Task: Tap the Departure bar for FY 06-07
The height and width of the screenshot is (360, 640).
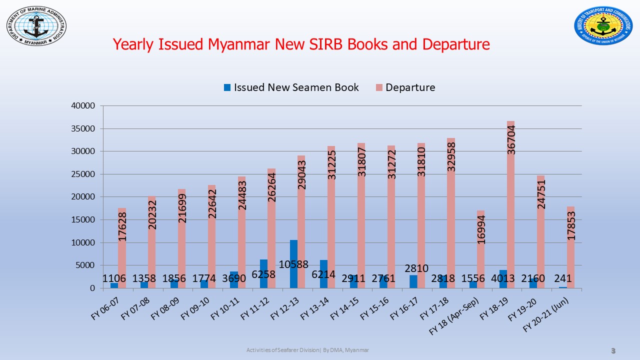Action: coord(122,260)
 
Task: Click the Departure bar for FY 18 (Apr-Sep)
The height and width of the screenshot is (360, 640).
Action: coord(480,260)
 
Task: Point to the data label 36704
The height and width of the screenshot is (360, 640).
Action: coord(511,139)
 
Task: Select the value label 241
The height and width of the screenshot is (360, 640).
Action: coord(562,278)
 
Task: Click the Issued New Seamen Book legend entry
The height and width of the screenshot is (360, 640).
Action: coord(291,87)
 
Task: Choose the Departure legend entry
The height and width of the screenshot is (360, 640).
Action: coord(404,87)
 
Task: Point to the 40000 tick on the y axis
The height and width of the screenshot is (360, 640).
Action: coord(82,106)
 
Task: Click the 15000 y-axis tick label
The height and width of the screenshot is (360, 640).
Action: coord(82,220)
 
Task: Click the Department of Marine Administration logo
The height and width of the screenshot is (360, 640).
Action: coord(36,25)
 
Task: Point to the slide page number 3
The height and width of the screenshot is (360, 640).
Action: coord(613,351)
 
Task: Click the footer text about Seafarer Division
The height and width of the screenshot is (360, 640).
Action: coord(307,350)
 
